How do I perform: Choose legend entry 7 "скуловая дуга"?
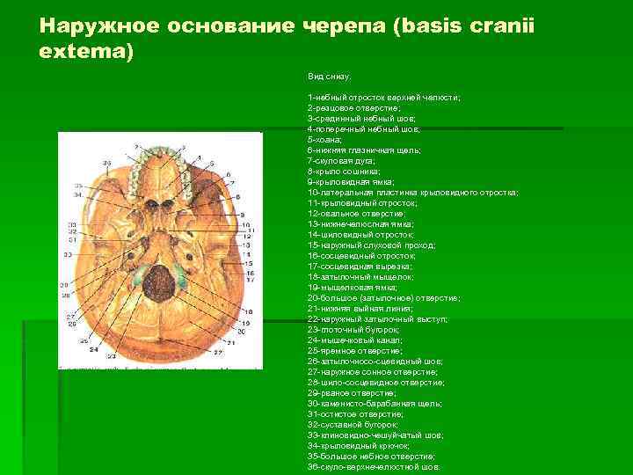(341, 161)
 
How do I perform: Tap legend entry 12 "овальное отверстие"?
(355, 214)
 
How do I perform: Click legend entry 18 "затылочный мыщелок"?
(362, 276)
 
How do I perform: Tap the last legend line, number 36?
(374, 467)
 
